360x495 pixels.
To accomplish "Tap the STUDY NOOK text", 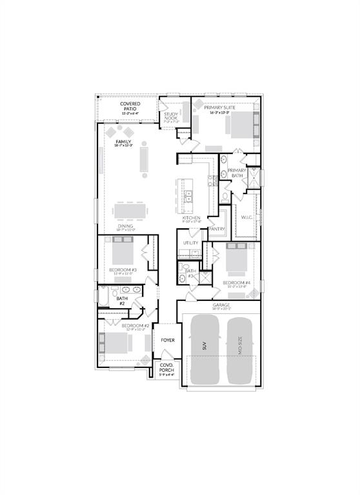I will (171, 116).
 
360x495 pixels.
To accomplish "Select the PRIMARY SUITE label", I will (217, 108).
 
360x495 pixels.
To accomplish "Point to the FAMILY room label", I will (123, 141).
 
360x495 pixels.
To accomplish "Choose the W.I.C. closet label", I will (246, 217).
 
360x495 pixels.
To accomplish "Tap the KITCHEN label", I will (192, 218).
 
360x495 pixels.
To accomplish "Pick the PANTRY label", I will (217, 228).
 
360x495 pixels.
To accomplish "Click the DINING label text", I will (125, 226).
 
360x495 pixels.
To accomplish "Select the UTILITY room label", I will (190, 243).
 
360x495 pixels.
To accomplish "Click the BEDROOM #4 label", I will (235, 283).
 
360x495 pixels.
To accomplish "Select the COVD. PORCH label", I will (166, 368).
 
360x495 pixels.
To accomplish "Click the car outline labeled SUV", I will (205, 349).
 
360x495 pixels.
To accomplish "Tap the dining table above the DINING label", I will (134, 211).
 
